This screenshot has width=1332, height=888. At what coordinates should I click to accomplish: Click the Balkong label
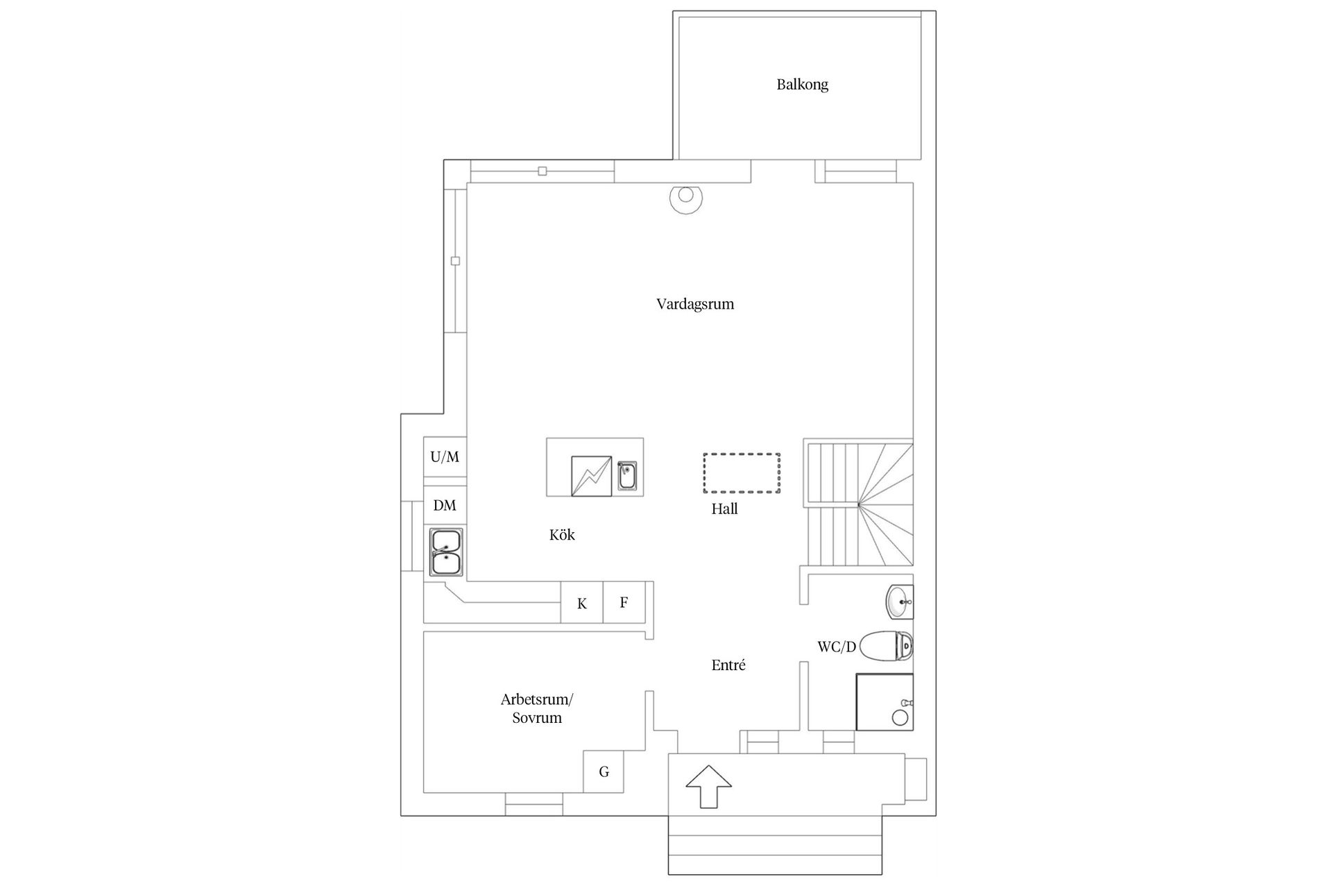pyautogui.click(x=802, y=85)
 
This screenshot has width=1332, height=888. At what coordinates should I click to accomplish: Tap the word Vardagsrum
pyautogui.click(x=695, y=304)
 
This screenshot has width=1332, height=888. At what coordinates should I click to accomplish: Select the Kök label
pyautogui.click(x=562, y=534)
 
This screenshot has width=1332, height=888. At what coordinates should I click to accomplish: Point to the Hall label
pyautogui.click(x=724, y=509)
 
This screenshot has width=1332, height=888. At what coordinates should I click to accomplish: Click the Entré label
pyautogui.click(x=728, y=665)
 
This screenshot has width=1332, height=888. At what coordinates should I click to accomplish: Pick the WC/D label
pyautogui.click(x=837, y=647)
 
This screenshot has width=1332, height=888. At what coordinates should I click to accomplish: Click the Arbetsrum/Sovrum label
pyautogui.click(x=537, y=708)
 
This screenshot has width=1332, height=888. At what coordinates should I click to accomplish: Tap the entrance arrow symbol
pyautogui.click(x=708, y=786)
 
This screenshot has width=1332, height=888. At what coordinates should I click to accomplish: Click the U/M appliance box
pyautogui.click(x=445, y=457)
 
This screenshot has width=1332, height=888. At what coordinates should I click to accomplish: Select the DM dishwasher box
pyautogui.click(x=445, y=505)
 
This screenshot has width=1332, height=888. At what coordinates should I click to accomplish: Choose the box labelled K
pyautogui.click(x=581, y=602)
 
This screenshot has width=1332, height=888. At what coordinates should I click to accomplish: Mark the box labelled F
pyautogui.click(x=624, y=602)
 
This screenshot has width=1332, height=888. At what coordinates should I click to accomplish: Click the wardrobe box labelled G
pyautogui.click(x=604, y=771)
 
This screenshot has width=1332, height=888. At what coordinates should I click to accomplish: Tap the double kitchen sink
pyautogui.click(x=446, y=552)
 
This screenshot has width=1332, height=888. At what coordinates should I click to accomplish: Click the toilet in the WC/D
pyautogui.click(x=886, y=647)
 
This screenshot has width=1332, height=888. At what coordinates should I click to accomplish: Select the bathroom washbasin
pyautogui.click(x=900, y=602)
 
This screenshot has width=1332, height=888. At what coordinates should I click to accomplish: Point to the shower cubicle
pyautogui.click(x=885, y=701)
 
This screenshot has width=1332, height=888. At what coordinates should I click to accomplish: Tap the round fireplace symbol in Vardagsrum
pyautogui.click(x=685, y=198)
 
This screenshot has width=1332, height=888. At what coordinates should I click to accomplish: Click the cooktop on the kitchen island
pyautogui.click(x=591, y=476)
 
